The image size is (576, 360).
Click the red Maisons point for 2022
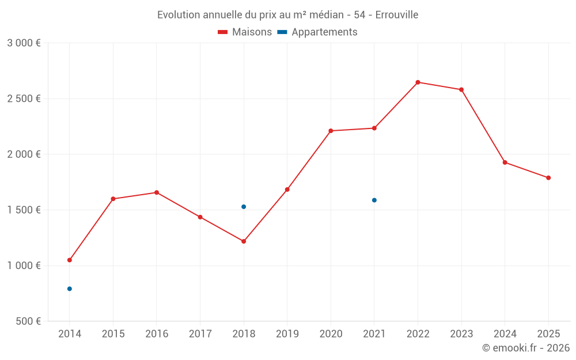click(x=418, y=82)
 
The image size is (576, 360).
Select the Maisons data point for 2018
click(x=244, y=241)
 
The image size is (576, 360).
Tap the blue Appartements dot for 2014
click(x=70, y=289)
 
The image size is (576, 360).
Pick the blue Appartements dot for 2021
click(x=374, y=200)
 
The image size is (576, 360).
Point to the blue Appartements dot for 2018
click(x=244, y=207)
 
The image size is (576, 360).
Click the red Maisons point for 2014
click(x=70, y=260)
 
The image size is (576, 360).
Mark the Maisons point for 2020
click(x=331, y=131)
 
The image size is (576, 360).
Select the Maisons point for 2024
click(x=505, y=162)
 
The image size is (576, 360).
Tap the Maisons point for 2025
click(x=548, y=178)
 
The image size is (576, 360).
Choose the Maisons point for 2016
click(x=157, y=192)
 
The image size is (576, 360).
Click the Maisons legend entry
click(x=245, y=32)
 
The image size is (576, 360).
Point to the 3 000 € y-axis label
click(x=24, y=43)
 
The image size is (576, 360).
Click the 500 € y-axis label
click(x=28, y=321)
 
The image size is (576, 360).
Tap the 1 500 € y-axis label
click(x=24, y=210)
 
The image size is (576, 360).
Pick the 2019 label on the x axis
click(x=287, y=334)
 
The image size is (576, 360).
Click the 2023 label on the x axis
click(x=461, y=334)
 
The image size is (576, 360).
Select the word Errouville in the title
click(x=396, y=14)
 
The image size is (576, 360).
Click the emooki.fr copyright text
click(x=525, y=348)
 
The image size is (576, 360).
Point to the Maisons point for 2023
click(x=461, y=90)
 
